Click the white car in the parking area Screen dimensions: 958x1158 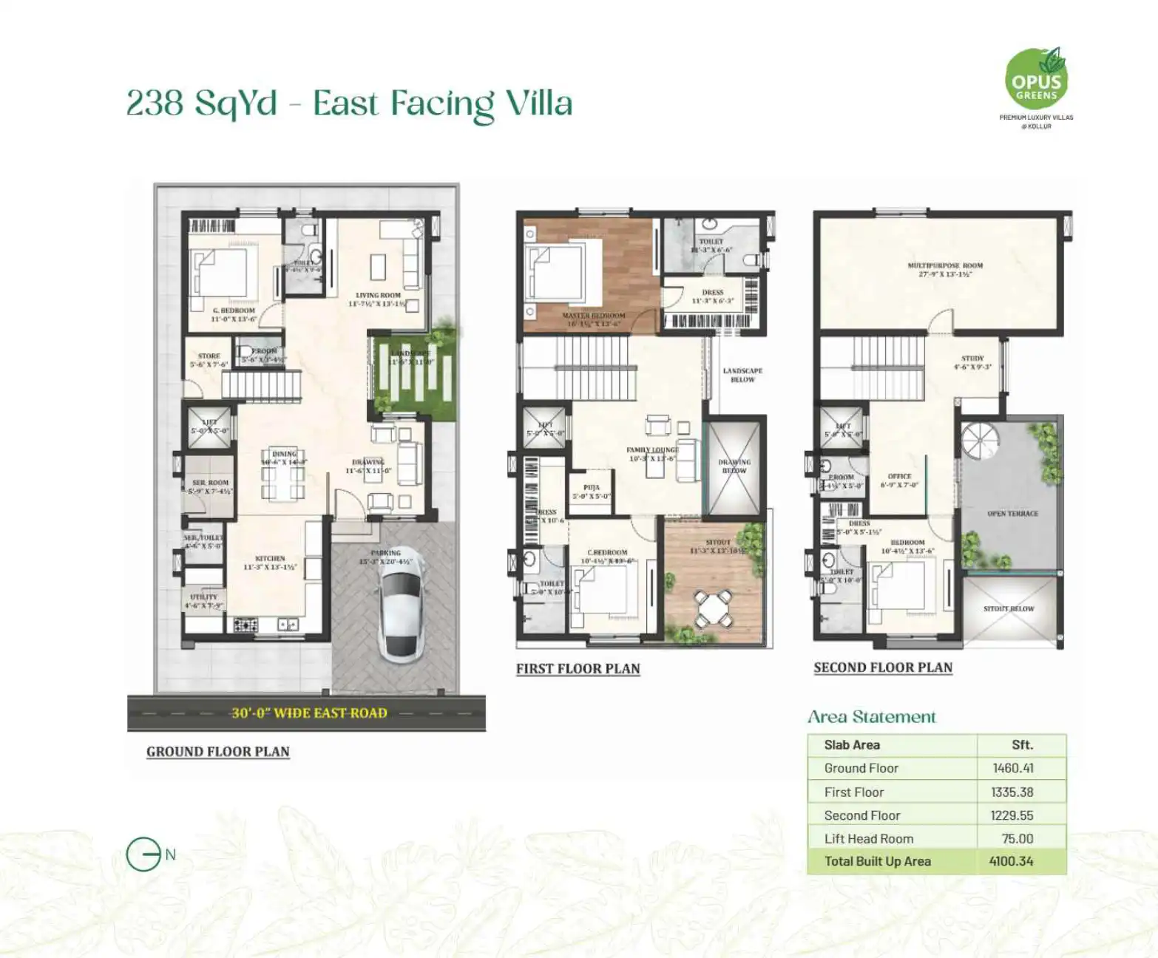point(399,611)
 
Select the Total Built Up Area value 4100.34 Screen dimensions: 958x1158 point(1011,861)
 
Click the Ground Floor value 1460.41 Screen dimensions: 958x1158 point(1013,768)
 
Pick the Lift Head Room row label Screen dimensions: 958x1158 point(869,838)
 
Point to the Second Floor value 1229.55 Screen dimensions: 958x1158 point(1012,815)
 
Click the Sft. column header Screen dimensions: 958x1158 point(1022,745)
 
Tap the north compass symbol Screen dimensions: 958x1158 point(143,855)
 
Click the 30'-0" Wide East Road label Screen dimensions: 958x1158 point(309,713)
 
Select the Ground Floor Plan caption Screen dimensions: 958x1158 point(218,752)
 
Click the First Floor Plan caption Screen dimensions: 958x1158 point(578,669)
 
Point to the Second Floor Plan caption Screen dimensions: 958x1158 point(883,667)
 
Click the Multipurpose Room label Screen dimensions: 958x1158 point(945,265)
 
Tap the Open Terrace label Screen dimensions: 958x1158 point(1012,513)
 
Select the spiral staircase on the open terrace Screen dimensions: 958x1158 point(980,441)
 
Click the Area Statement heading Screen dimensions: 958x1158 point(871,717)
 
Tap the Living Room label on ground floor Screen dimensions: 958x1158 point(378,295)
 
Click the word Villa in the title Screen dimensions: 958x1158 point(539,103)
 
